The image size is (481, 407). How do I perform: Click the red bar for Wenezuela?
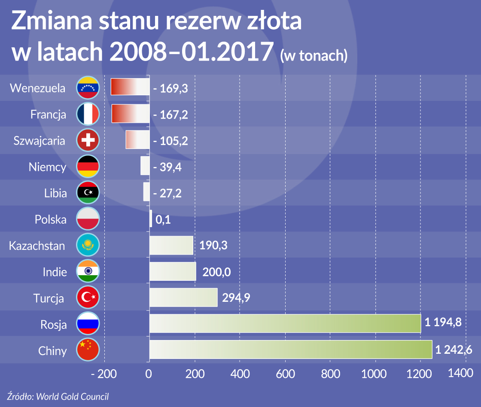130,87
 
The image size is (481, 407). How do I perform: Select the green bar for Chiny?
290,349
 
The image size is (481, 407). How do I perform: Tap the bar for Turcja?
183,297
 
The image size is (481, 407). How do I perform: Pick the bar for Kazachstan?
171,246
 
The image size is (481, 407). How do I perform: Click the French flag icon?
88,114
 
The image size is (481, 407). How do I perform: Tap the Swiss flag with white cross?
88,140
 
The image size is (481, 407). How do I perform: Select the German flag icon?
88,167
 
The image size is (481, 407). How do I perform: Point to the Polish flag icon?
88,219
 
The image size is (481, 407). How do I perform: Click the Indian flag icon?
88,271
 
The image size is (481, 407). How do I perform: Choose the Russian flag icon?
88,324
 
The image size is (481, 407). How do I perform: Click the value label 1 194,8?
443,322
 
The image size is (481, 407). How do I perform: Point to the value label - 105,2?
170,141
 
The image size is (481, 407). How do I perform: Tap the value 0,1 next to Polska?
163,220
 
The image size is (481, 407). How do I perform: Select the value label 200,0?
215,272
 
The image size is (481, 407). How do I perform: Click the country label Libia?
55,193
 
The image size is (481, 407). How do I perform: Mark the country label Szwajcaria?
40,141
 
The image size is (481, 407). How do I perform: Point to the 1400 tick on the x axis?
460,374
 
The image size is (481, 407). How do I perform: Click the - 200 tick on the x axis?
104,374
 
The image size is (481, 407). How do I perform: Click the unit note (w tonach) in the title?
314,55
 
